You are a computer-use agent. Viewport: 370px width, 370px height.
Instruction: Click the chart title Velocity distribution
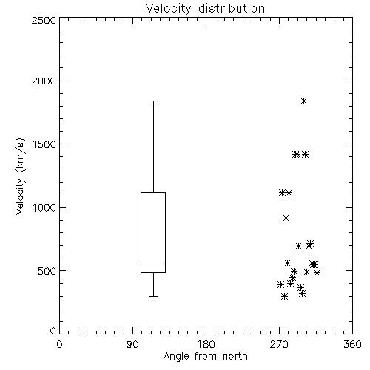point(205,8)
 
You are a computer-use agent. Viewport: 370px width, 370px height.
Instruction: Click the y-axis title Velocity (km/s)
point(20,176)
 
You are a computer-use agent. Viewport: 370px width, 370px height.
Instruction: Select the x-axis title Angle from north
point(205,357)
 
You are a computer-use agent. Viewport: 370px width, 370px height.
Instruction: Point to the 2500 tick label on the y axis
point(44,20)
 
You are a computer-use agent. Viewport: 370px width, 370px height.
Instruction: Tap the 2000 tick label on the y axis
point(44,81)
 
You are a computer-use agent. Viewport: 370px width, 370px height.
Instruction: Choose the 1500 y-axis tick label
point(44,144)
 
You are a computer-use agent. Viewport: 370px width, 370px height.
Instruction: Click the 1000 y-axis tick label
point(44,207)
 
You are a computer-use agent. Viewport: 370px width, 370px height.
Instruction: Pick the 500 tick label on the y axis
point(47,271)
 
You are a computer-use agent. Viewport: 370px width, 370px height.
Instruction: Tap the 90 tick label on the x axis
point(132,344)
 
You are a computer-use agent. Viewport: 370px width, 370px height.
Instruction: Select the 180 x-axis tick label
point(206,344)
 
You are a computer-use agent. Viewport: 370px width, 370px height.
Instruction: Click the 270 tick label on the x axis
point(279,344)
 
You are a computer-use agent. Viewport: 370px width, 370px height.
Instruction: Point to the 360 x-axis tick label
point(352,344)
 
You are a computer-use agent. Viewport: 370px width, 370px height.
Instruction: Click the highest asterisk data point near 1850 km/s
point(304,101)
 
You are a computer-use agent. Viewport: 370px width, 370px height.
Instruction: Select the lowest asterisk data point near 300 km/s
point(285,296)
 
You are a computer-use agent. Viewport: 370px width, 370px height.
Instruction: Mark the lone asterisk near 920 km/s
point(286,218)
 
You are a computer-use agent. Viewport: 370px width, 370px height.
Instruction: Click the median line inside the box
point(153,263)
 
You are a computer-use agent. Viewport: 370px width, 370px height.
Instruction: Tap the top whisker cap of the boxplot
point(153,101)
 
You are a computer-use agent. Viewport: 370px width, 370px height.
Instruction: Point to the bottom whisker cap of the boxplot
point(153,296)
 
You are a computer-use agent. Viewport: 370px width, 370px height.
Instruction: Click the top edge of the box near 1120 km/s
point(153,192)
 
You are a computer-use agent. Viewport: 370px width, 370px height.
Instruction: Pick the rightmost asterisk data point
point(317,272)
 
